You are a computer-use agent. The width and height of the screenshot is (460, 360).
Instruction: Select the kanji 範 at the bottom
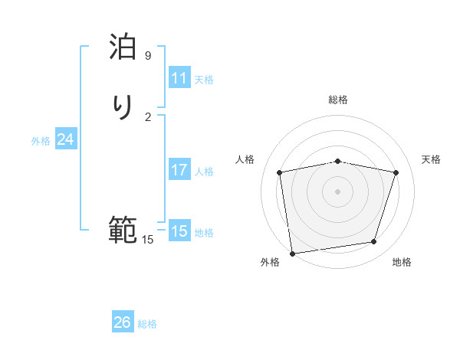[x=123, y=230]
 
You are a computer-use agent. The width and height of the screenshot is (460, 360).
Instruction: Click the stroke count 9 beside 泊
[x=148, y=56]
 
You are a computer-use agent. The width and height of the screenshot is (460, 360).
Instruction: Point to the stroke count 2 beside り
[x=148, y=116]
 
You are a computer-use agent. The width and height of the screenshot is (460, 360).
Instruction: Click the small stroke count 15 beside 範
[x=147, y=240]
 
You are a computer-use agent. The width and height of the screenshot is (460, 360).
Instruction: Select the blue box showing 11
[x=179, y=78]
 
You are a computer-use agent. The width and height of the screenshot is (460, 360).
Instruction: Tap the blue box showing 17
[x=179, y=170]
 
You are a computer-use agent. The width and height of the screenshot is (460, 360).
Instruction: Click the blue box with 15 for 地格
[x=179, y=231]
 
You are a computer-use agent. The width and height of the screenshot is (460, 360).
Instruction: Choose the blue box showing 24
[x=66, y=139]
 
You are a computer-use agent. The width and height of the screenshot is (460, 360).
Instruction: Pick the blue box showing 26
[x=123, y=322]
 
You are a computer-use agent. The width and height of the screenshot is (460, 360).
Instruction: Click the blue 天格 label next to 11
[x=204, y=80]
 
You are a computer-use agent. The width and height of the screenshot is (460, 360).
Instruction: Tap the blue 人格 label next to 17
[x=204, y=172]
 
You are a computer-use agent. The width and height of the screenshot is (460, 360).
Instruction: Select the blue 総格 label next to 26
[x=147, y=324]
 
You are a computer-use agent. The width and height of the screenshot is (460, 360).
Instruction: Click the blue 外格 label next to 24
[x=41, y=141]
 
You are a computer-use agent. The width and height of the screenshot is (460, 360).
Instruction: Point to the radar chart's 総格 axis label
[x=338, y=100]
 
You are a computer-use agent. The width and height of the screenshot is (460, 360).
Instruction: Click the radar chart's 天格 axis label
[x=432, y=159]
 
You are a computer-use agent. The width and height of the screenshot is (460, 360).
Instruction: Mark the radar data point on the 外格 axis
[x=292, y=253]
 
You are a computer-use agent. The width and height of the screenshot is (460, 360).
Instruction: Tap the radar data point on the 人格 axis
[x=280, y=172]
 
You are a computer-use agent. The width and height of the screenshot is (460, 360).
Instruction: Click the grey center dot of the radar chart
[x=338, y=191]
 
